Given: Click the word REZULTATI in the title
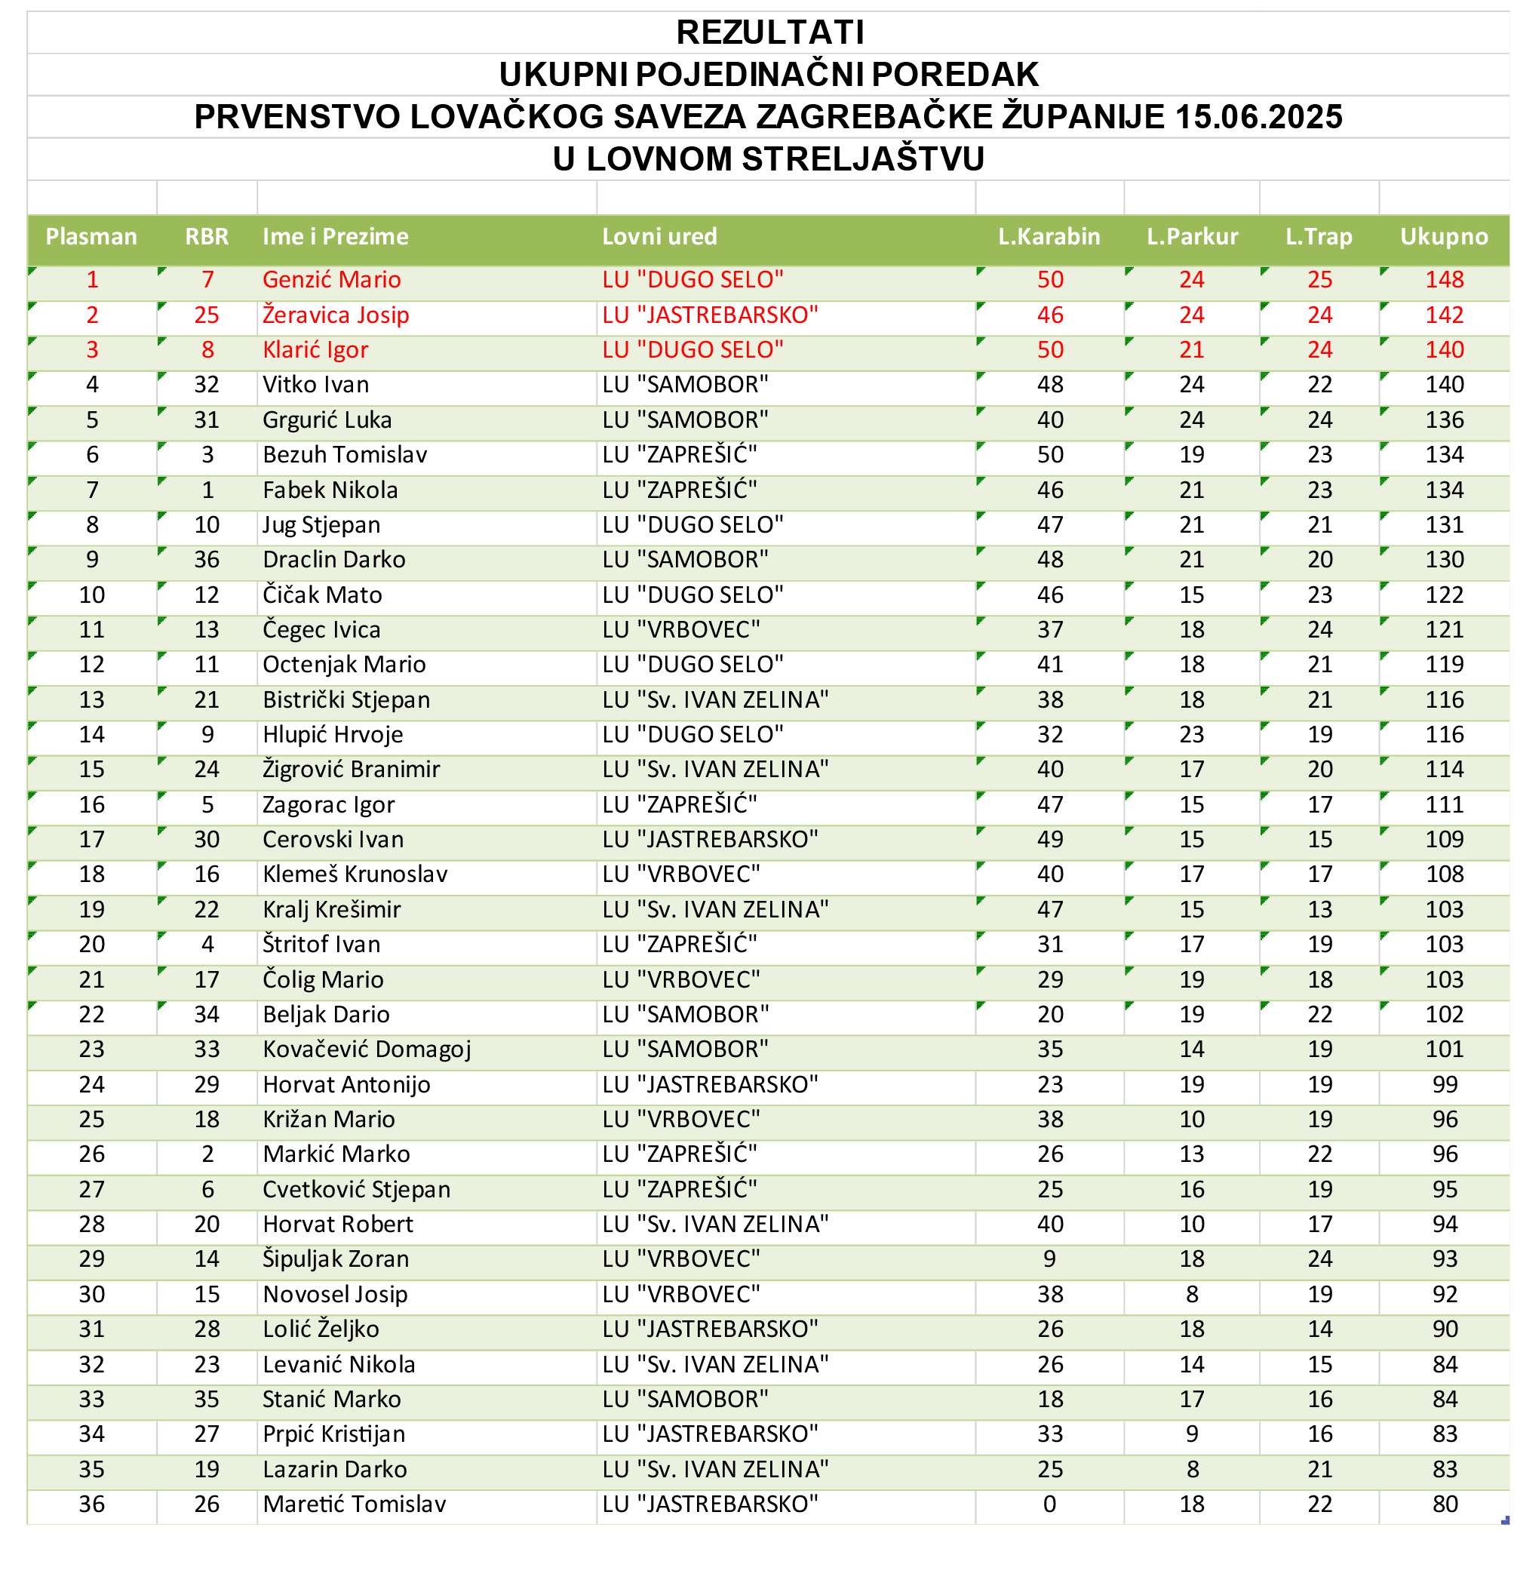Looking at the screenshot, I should click(x=770, y=32).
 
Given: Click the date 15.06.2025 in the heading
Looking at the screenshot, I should click(x=1258, y=117).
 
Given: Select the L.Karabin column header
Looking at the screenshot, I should click(x=1049, y=236).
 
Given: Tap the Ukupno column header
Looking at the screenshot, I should click(x=1443, y=236).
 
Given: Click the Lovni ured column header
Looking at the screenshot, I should click(x=659, y=236).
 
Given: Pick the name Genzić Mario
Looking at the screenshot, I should click(x=331, y=279).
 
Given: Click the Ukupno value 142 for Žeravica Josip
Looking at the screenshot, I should click(x=1444, y=315).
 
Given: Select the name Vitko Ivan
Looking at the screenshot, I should click(x=315, y=384).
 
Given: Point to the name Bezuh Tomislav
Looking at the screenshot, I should click(x=345, y=454).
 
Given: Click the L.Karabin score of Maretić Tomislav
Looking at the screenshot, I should click(x=1049, y=1504).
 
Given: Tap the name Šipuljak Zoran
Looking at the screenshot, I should click(x=336, y=1258).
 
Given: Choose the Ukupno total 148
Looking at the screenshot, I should click(x=1444, y=279).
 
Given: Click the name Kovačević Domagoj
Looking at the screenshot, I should click(x=367, y=1049).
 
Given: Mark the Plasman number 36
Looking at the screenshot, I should click(x=91, y=1504).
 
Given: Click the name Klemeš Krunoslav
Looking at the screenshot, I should click(x=355, y=874).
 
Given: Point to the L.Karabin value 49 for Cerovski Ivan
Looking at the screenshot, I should click(x=1049, y=839).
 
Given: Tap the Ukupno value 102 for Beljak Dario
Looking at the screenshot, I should click(x=1444, y=1014).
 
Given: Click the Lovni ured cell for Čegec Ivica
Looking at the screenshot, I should click(x=680, y=628).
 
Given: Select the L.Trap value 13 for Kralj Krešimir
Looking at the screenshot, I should click(x=1319, y=909).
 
